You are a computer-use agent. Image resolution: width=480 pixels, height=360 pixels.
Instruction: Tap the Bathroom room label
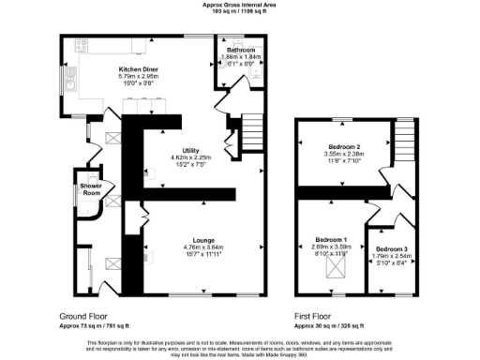click(240, 50)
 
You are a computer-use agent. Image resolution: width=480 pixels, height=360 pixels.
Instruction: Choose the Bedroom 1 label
click(328, 241)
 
